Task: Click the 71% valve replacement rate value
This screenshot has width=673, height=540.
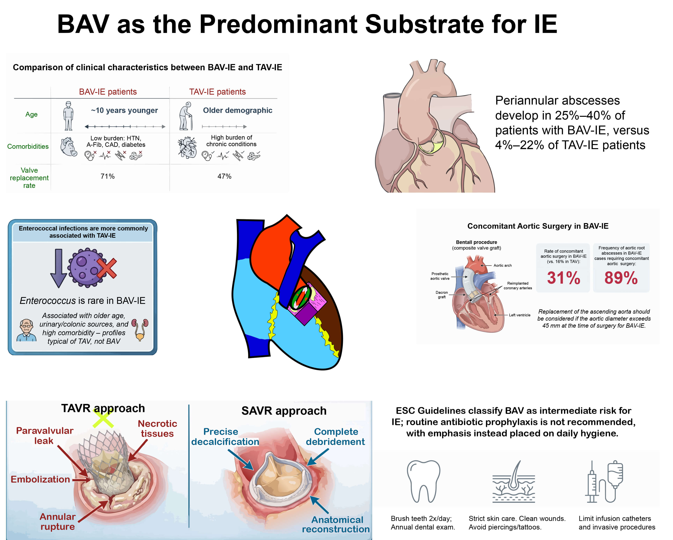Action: click(107, 176)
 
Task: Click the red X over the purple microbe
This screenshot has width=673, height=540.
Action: click(107, 268)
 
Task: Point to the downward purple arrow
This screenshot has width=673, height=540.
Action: click(59, 268)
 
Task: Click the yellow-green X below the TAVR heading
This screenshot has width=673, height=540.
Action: click(103, 419)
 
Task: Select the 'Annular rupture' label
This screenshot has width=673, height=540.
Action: click(58, 521)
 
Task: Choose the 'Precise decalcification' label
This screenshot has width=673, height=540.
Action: click(225, 436)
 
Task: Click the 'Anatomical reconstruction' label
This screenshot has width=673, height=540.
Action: click(336, 524)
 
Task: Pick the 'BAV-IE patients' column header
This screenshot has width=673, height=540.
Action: click(108, 92)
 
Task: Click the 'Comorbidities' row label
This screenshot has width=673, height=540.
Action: click(28, 146)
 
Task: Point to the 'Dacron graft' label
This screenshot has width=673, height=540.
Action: click(442, 295)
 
